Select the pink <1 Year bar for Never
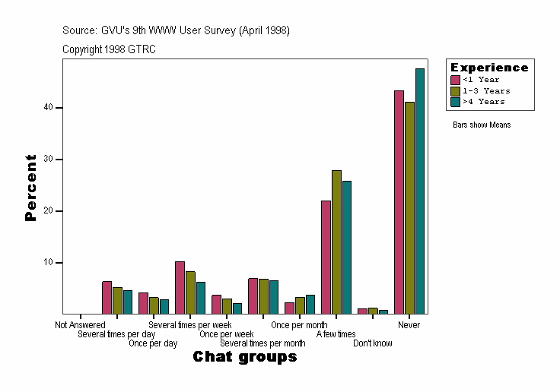[399, 202]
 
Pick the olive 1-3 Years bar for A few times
[336, 242]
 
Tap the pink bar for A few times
[326, 258]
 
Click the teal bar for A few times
[347, 248]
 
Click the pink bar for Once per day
[143, 303]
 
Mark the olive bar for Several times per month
[263, 296]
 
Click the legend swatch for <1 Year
[456, 80]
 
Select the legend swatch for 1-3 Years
[456, 90]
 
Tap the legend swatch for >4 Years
[456, 101]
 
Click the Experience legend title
[489, 68]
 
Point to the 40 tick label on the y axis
[48, 107]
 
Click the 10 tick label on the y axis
[48, 262]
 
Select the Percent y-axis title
[30, 188]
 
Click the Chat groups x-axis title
[244, 357]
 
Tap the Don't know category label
[373, 343]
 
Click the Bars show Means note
[482, 125]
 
